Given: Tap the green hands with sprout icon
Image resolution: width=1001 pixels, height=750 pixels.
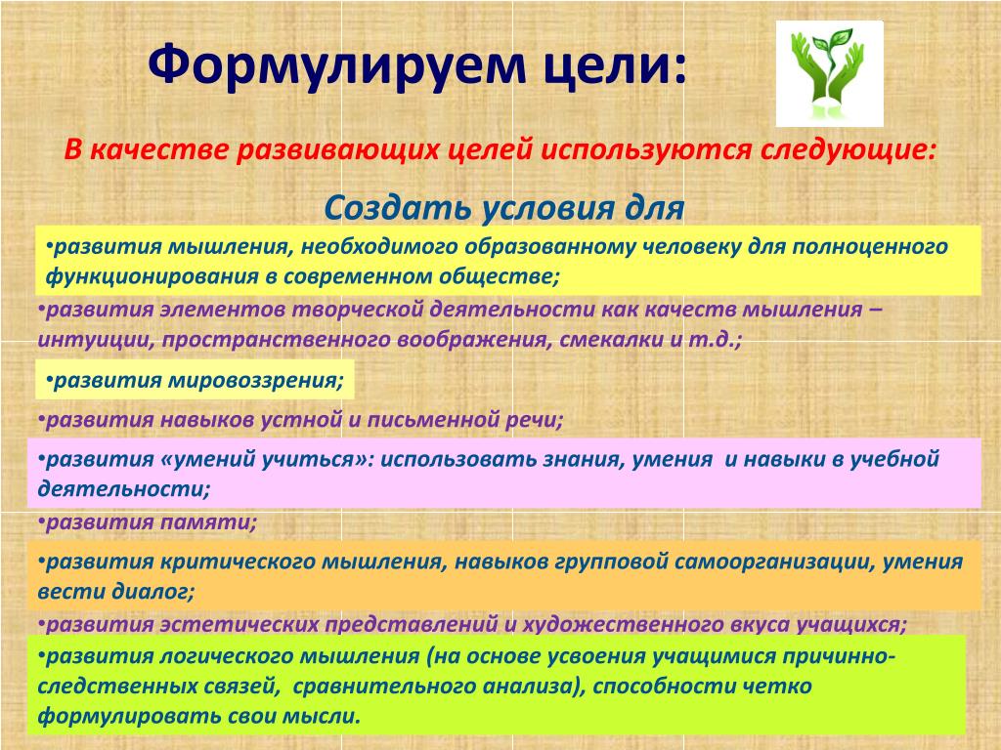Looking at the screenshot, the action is click(829, 73).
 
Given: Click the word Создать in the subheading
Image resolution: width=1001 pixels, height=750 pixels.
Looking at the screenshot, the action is click(397, 207).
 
